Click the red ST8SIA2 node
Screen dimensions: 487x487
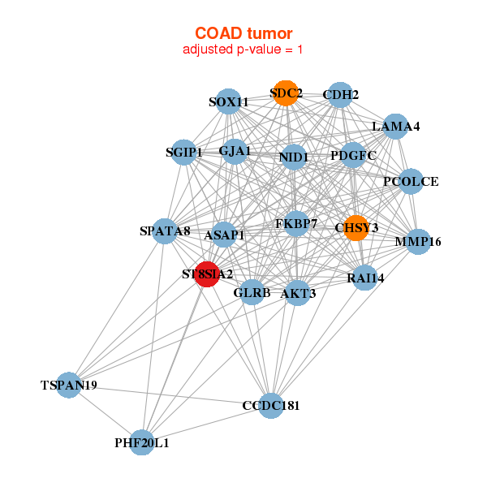tap(207, 274)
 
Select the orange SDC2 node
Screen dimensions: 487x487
tap(285, 93)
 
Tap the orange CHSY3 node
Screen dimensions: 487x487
tap(356, 227)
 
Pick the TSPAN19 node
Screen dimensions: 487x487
tap(69, 385)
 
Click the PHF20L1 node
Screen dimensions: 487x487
tap(142, 442)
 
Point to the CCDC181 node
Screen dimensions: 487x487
tap(271, 405)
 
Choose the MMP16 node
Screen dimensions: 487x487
tap(416, 241)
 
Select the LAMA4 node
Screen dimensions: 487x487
tap(395, 126)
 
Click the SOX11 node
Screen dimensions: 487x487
tap(229, 101)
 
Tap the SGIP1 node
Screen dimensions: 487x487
tap(184, 152)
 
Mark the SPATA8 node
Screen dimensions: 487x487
tap(165, 231)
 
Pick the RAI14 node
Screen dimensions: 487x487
tap(365, 278)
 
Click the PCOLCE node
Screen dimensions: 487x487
tap(410, 181)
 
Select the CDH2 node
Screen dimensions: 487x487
tap(340, 95)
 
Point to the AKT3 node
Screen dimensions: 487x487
tap(298, 293)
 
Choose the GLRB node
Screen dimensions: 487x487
tap(252, 291)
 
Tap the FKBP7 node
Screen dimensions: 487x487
tap(296, 222)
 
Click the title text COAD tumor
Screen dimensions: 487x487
tap(243, 33)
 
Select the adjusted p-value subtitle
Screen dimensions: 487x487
tap(243, 50)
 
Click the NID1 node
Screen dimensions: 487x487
tap(293, 157)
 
